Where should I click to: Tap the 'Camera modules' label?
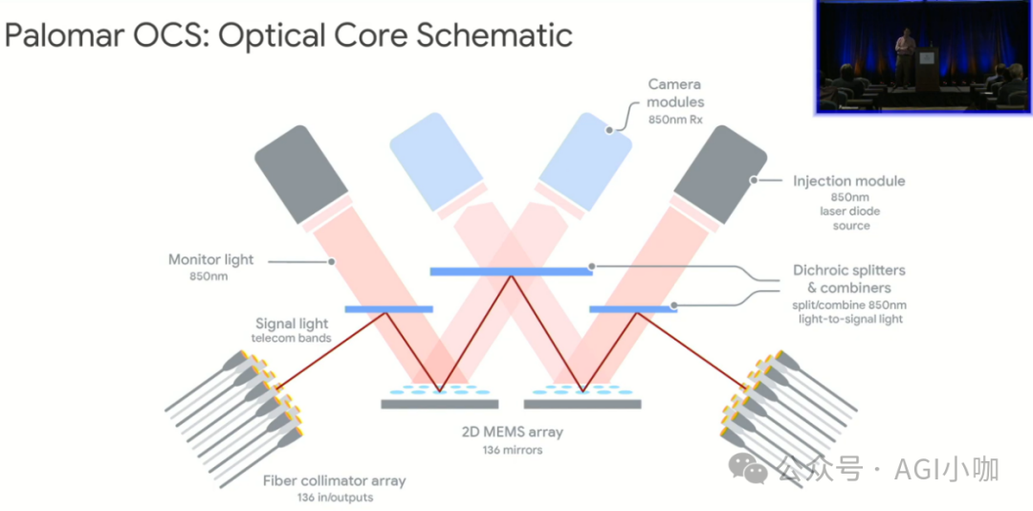pos(675,93)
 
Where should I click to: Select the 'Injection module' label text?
pos(849,181)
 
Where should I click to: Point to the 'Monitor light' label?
pos(211,259)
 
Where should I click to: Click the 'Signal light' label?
pos(293,323)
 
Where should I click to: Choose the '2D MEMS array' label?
pos(513,432)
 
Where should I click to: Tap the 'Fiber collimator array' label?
pos(334,480)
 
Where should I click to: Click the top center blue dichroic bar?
pos(511,272)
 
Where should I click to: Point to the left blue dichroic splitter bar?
pos(388,309)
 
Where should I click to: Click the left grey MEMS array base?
pos(439,404)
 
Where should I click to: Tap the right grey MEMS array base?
pos(582,404)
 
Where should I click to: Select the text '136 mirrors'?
pos(513,450)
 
